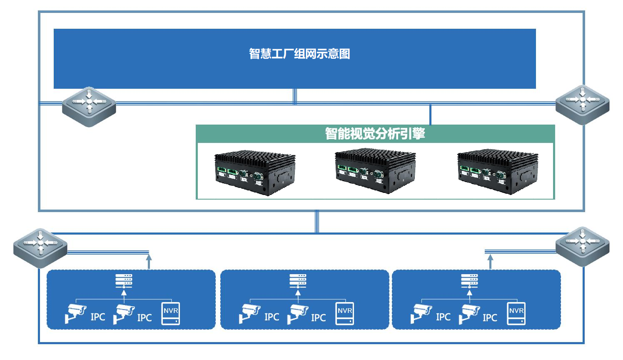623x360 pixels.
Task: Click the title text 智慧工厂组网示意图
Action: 299,54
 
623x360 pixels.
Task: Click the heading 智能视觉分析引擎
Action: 375,133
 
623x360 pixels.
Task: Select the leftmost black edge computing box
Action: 255,173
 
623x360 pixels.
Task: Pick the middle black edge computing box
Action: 375,171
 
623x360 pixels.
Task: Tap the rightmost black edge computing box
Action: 498,172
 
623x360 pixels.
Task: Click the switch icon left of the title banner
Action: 89,107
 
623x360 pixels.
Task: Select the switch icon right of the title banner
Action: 582,105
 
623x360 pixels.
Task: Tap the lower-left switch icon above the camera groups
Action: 40,248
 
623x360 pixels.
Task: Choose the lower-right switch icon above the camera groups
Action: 582,247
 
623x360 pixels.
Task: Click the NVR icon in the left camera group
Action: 170,313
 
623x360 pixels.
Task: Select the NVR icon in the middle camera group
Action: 344,313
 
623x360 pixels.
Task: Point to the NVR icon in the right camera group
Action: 516,313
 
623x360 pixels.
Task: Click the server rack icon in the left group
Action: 124,281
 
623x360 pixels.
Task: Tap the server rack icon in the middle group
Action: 298,281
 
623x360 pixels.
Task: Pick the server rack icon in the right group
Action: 469,281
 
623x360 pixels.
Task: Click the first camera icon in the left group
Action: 75,314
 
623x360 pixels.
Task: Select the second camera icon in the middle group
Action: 298,314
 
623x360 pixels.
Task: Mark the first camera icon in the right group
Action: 421,314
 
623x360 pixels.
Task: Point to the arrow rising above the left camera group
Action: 149,262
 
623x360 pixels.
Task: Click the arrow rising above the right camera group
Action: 490,262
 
